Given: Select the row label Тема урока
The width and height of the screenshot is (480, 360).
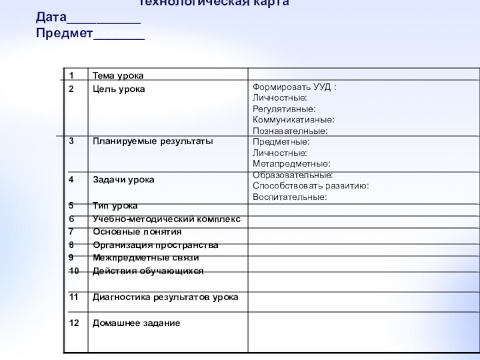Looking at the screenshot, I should click(118, 76).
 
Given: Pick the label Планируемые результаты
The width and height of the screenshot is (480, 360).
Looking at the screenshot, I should click(152, 141).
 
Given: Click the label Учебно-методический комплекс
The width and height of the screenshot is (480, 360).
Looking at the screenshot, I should click(166, 219).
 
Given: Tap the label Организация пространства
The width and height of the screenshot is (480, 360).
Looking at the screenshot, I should click(155, 245).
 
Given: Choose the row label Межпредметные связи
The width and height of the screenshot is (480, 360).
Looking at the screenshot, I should click(145, 258).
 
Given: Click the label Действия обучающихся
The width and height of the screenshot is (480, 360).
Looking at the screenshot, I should click(148, 271).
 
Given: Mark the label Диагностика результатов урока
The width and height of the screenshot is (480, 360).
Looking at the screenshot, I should click(165, 297).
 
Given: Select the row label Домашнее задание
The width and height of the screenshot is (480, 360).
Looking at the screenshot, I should click(136, 323).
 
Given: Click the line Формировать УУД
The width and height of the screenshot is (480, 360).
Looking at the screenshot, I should click(294, 88).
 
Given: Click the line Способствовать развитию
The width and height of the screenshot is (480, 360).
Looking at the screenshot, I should click(310, 185).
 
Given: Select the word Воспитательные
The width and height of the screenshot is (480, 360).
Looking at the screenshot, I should click(289, 196).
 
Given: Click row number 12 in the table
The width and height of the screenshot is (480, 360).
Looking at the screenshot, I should click(74, 323).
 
